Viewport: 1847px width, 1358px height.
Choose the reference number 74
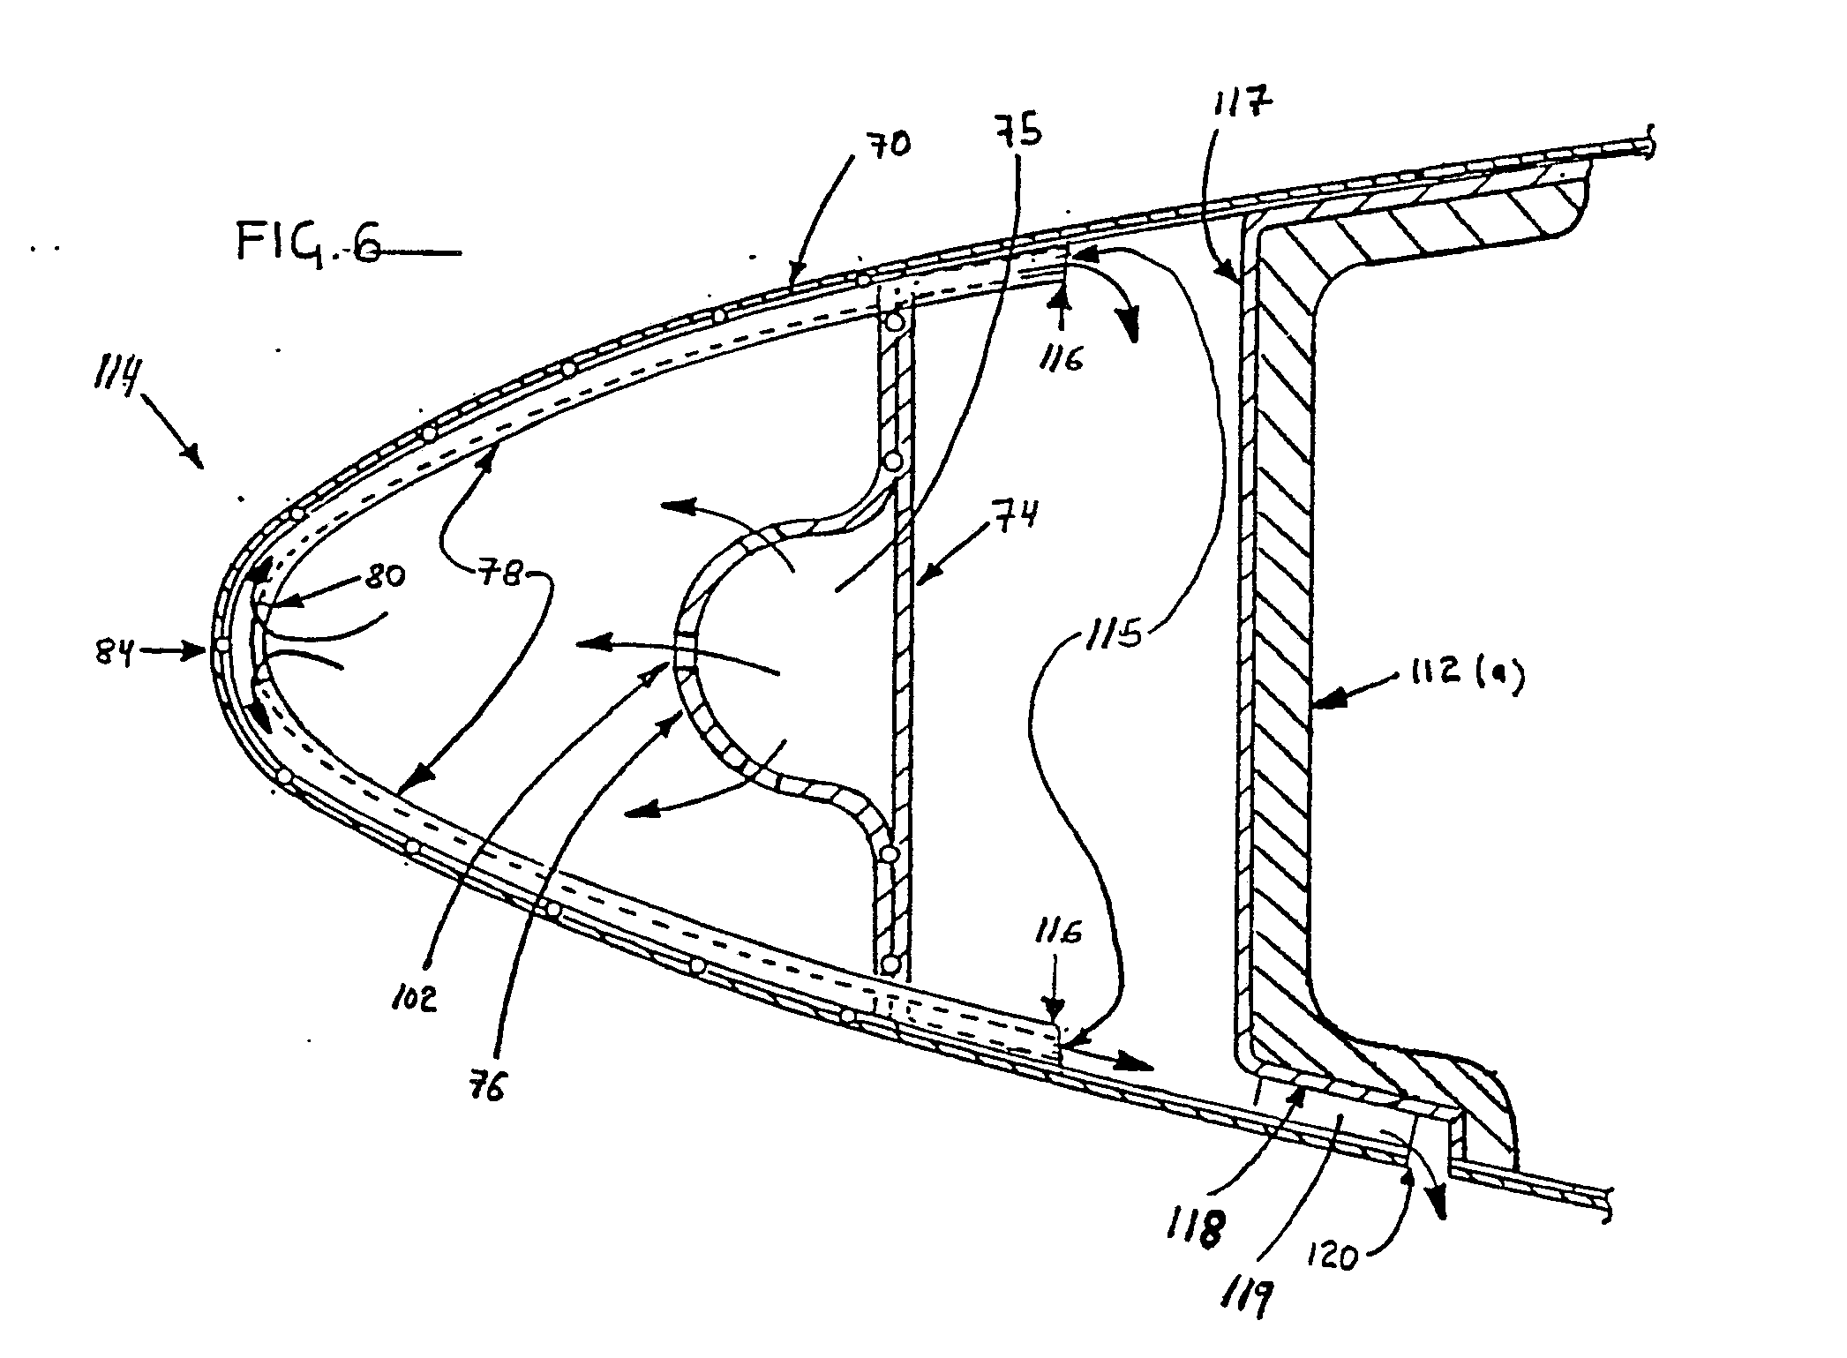tap(1013, 513)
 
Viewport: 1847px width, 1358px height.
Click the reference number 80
tap(382, 577)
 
